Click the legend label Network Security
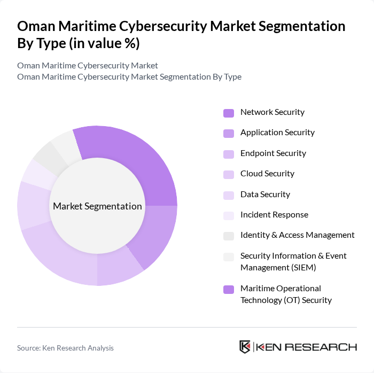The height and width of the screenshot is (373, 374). [x=272, y=112]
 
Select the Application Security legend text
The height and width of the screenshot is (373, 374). [x=277, y=133]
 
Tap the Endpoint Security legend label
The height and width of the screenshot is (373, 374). [x=273, y=153]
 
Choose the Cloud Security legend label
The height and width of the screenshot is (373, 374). [x=267, y=174]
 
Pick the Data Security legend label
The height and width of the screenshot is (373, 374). [x=265, y=195]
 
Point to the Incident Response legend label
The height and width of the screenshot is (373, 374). [x=274, y=215]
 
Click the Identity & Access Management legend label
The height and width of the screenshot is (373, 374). [x=297, y=235]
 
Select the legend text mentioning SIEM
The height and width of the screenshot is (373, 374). [x=293, y=261]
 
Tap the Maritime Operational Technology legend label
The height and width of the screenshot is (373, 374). [x=286, y=294]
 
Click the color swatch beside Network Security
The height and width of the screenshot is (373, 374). [x=229, y=113]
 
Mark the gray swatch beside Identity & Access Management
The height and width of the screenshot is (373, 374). [x=229, y=236]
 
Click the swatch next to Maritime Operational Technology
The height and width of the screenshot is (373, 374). [x=229, y=289]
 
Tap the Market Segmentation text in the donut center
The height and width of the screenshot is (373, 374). [x=97, y=206]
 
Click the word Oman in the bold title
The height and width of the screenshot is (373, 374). [x=36, y=26]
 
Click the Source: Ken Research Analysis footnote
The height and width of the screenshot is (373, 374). [x=65, y=348]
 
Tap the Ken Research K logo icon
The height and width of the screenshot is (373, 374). [x=245, y=347]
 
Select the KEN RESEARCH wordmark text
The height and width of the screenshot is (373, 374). [x=307, y=347]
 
